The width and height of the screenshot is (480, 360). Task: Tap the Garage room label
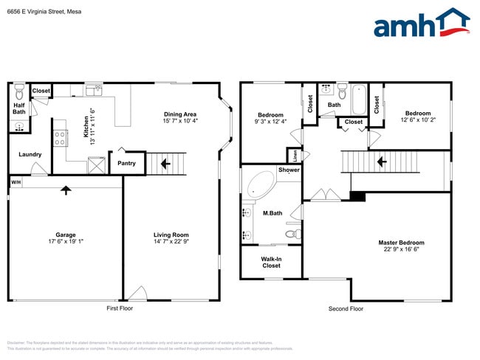tap(66, 235)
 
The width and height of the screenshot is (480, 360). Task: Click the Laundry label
tap(30, 154)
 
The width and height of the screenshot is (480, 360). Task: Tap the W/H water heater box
tap(16, 181)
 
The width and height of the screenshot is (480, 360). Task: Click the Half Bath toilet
tap(18, 91)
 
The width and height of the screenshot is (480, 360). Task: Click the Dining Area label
tap(180, 114)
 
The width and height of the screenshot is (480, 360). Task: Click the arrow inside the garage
tap(66, 190)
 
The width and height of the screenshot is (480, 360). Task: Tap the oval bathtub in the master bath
tap(258, 184)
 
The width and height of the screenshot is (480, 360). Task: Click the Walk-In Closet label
tap(271, 262)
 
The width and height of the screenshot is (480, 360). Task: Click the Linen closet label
tap(295, 156)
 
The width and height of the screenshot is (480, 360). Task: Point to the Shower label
tap(289, 170)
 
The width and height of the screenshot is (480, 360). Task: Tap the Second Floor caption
tap(346, 308)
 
